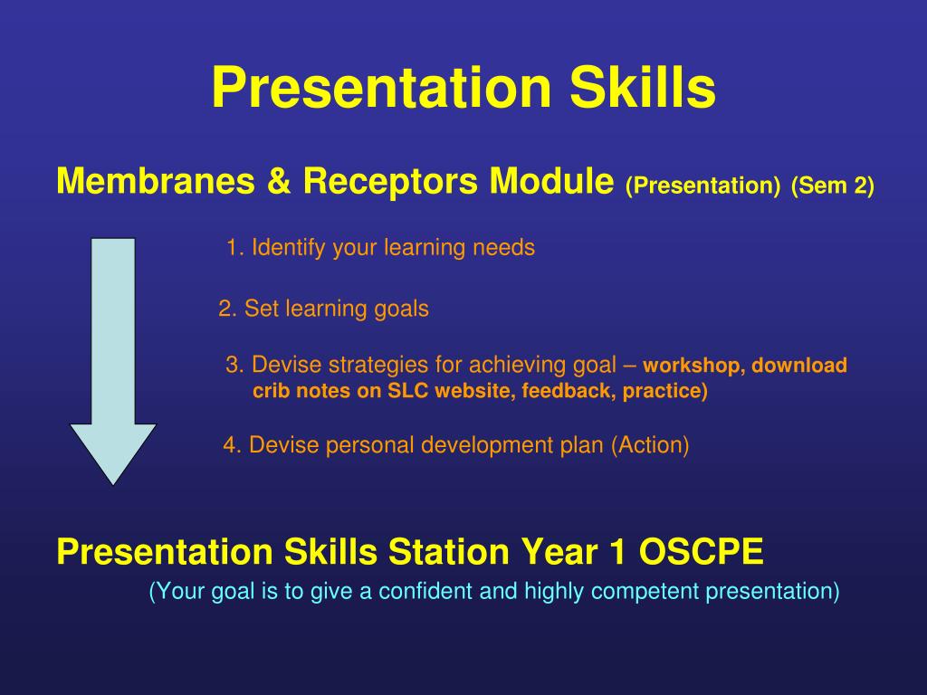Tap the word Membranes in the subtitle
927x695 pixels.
[156, 180]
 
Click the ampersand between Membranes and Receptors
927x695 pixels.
[279, 181]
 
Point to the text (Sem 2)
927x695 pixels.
[833, 186]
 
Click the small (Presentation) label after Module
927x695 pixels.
[702, 186]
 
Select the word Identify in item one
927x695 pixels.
[289, 248]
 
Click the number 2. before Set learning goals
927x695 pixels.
[228, 309]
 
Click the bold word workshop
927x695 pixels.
[694, 366]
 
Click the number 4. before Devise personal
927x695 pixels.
[233, 445]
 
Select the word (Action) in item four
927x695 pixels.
[650, 445]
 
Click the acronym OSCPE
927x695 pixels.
[702, 551]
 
